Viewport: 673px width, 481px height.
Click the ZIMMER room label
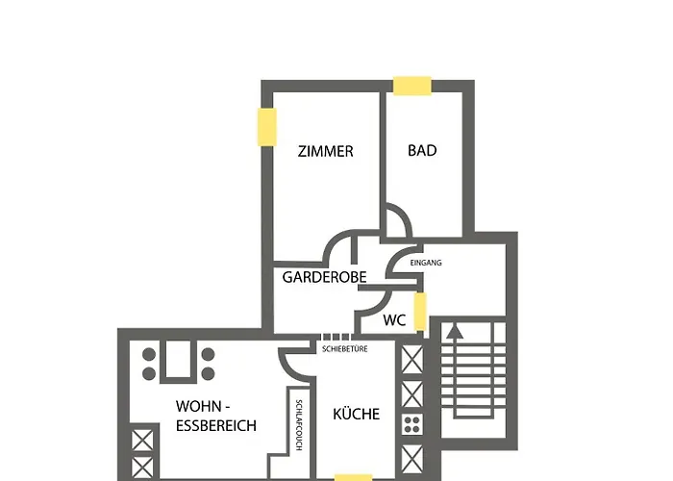326,151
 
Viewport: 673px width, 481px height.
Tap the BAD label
422,151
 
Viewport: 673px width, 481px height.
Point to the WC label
394,320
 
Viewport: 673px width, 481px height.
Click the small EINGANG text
426,263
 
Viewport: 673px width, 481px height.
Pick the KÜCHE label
356,415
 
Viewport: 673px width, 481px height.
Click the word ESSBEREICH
216,424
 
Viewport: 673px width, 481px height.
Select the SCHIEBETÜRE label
345,350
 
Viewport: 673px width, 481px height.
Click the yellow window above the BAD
411,85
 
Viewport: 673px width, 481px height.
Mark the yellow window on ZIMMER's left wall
265,127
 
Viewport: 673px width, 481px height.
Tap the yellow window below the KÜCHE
354,476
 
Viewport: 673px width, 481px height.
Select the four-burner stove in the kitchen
411,424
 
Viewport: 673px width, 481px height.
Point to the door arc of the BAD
398,220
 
